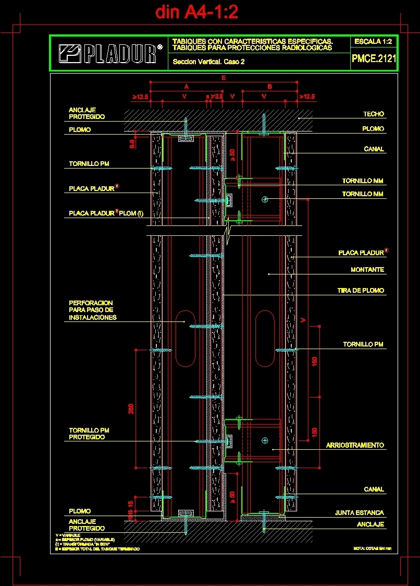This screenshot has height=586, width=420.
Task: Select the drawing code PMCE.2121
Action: [x=374, y=59]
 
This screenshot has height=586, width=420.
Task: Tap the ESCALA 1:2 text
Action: [x=373, y=41]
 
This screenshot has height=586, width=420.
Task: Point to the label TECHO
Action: [x=373, y=114]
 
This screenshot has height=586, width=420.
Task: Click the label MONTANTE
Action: [x=367, y=270]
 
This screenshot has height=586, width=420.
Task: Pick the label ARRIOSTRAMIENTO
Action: [x=355, y=445]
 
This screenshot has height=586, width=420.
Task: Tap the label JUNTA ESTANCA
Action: [x=359, y=513]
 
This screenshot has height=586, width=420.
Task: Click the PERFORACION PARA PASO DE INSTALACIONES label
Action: [x=93, y=310]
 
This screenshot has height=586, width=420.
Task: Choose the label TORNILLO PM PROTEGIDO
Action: [x=89, y=434]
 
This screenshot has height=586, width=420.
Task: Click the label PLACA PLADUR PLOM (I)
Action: [x=106, y=213]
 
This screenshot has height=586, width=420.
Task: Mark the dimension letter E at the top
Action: [x=224, y=78]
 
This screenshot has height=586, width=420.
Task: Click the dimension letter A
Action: [x=186, y=86]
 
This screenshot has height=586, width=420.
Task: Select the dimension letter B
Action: [x=269, y=86]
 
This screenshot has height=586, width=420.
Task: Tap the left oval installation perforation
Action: [x=185, y=338]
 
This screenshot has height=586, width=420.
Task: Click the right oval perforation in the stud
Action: [x=265, y=338]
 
